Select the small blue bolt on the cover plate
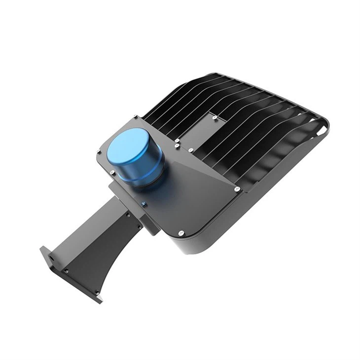(x=144, y=203)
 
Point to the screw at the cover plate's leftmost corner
(x=99, y=152)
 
